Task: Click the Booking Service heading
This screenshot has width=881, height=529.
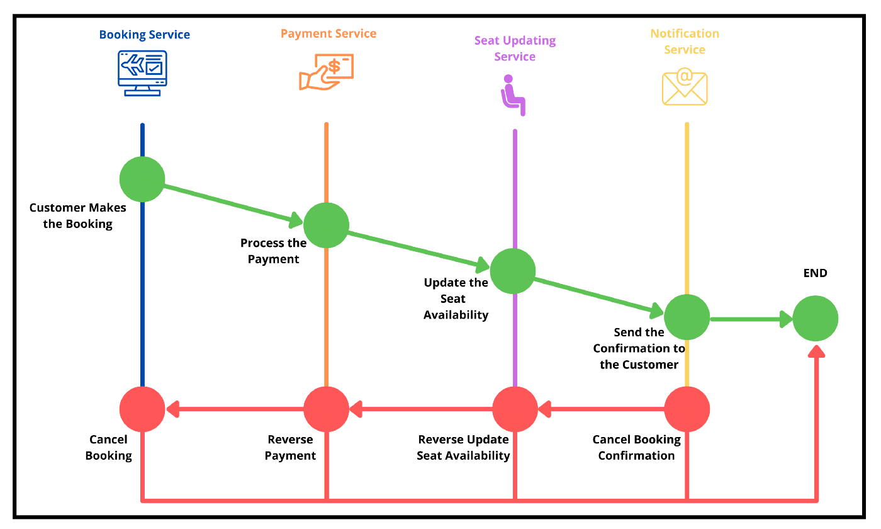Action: [145, 35]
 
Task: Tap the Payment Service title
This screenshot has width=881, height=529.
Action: [328, 34]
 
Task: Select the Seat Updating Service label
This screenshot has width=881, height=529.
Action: [515, 48]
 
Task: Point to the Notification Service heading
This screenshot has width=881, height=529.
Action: [685, 42]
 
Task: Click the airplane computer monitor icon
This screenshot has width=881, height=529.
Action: [142, 73]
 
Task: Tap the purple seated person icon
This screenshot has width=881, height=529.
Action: [513, 95]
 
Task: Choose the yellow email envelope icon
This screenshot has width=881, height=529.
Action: [685, 88]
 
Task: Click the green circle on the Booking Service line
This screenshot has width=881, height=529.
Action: [142, 179]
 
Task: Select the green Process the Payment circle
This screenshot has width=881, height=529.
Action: [326, 225]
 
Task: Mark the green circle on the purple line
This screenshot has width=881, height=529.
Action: [513, 271]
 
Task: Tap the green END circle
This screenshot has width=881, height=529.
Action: [816, 319]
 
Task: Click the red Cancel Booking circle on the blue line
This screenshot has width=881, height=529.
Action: [142, 409]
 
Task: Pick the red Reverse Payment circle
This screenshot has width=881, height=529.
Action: [326, 409]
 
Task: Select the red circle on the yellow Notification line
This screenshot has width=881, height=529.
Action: [687, 409]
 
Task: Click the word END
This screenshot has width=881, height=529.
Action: [816, 273]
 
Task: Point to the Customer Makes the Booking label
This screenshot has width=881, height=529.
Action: [78, 216]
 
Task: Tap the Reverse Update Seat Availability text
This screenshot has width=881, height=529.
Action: [463, 448]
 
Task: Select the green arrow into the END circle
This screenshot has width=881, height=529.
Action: [752, 319]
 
